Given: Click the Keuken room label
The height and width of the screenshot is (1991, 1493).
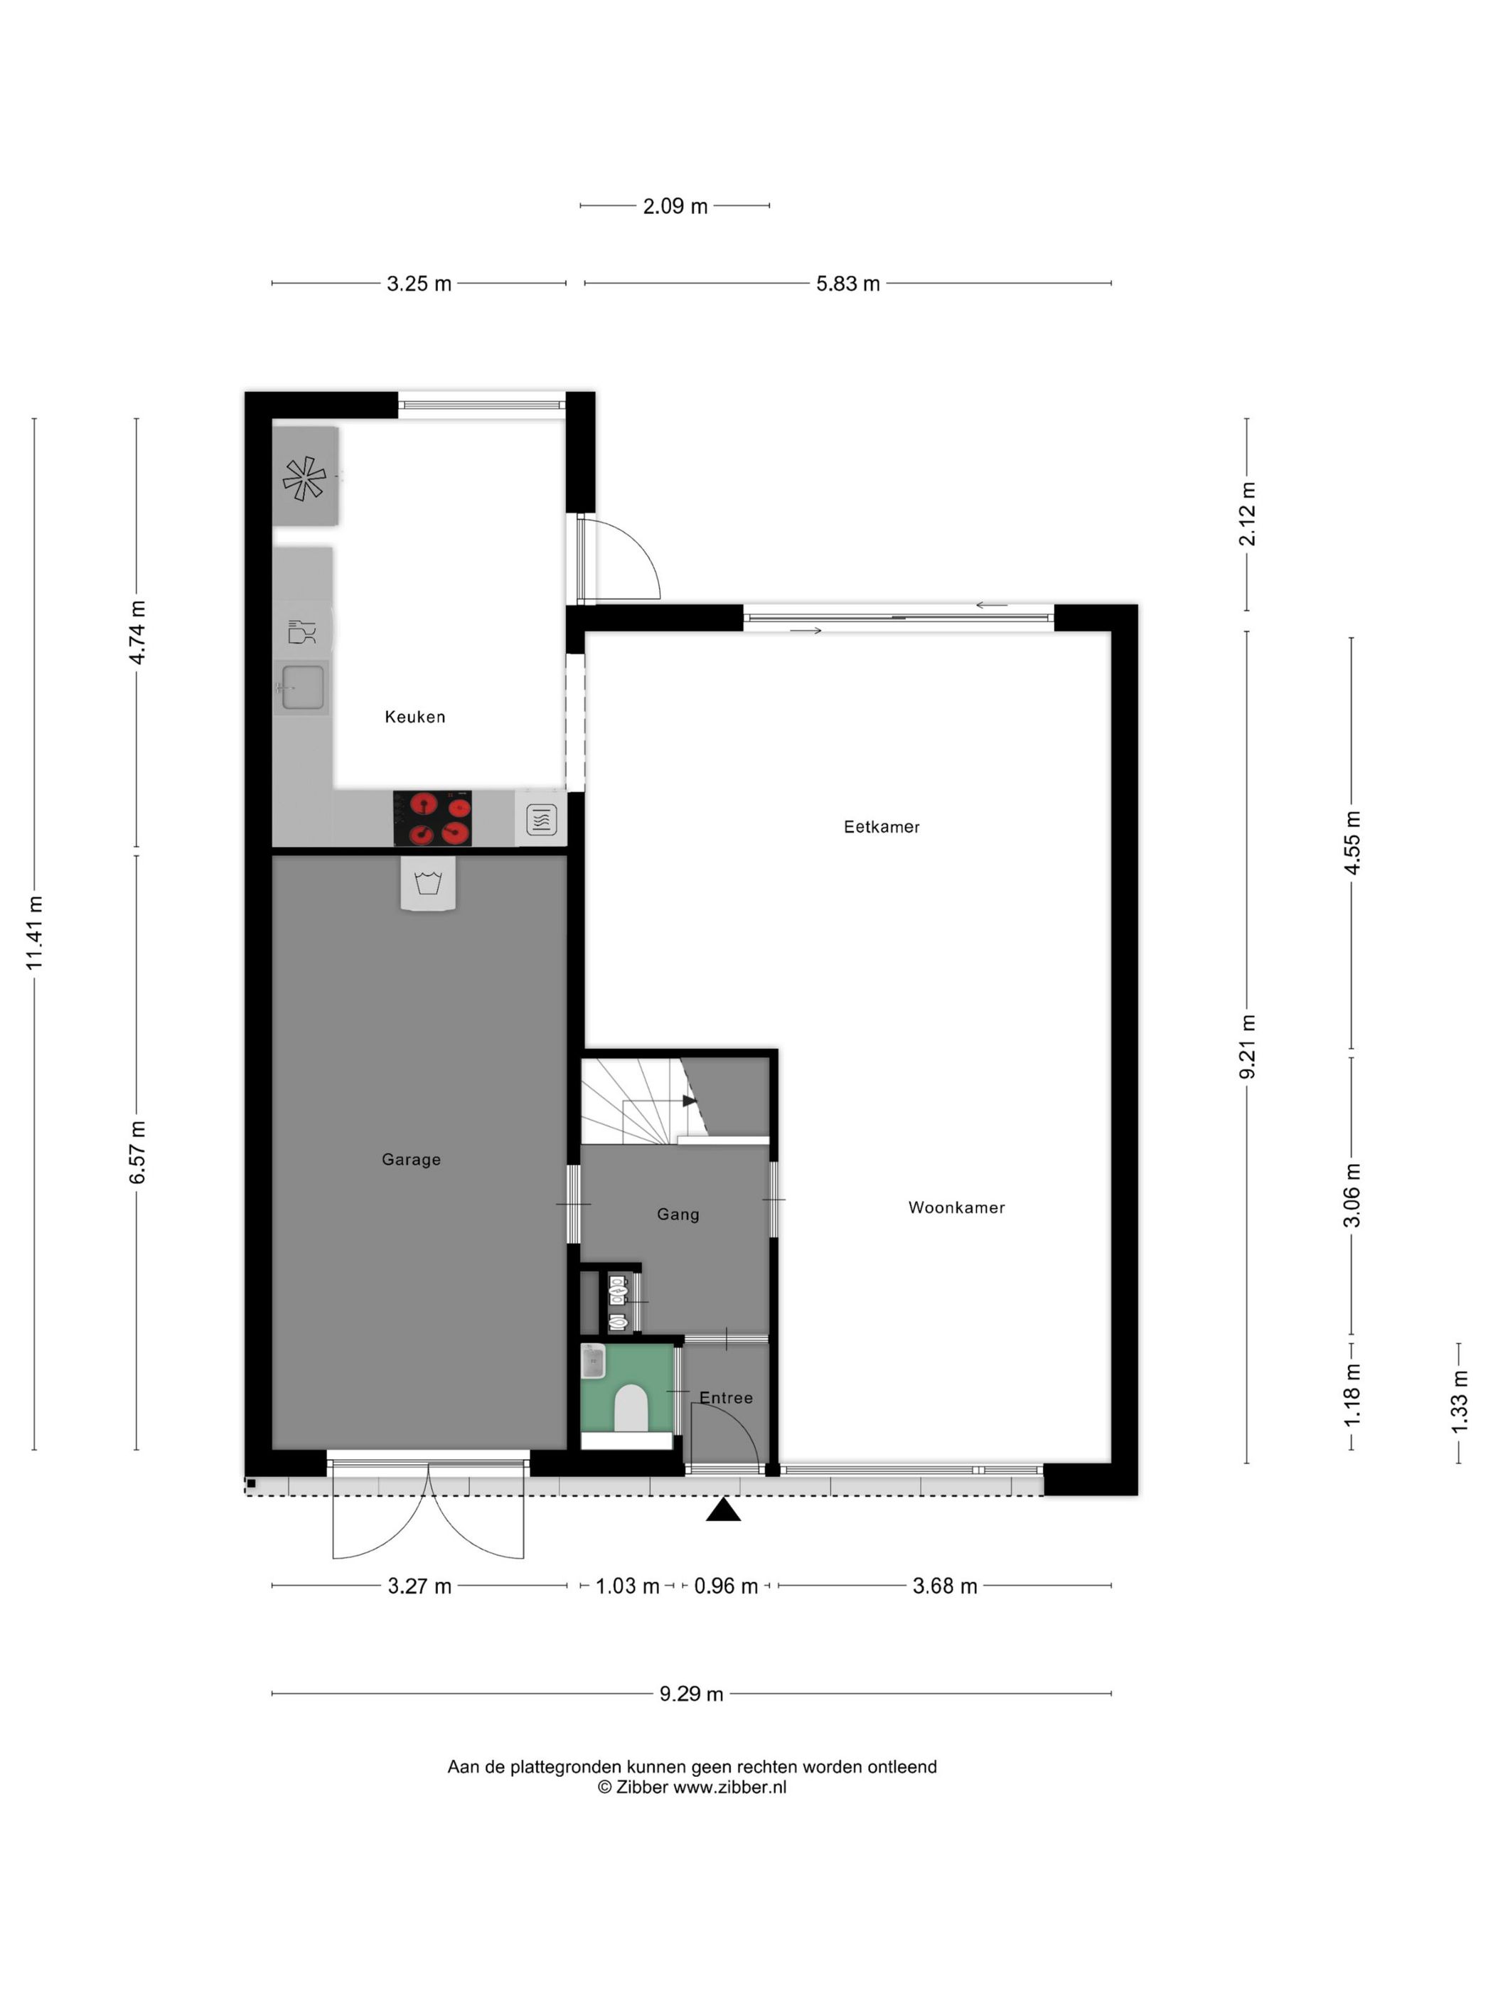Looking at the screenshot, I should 415,717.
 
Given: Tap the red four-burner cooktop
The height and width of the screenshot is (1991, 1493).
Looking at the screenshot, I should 432,818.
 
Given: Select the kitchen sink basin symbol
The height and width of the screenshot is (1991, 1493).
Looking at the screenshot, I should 302,688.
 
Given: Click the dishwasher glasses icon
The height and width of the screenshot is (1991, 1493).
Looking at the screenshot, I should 301,632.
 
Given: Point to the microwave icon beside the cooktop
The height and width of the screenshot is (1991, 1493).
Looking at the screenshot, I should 541,820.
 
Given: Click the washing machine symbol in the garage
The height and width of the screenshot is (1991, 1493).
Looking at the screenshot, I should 429,883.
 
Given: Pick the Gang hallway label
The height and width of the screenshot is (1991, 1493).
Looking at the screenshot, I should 678,1215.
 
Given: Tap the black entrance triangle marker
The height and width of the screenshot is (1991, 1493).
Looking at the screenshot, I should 722,1510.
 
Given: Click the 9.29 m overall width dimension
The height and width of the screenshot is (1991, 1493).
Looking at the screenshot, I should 691,1694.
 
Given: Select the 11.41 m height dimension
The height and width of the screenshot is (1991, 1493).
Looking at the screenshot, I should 34,934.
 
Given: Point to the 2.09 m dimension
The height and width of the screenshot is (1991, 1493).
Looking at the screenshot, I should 675,206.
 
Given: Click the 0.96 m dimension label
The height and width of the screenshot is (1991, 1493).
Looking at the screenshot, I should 725,1586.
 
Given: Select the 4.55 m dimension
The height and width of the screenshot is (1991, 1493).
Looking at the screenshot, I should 1352,843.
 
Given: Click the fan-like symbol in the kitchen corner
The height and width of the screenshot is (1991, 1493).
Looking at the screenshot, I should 304,478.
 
